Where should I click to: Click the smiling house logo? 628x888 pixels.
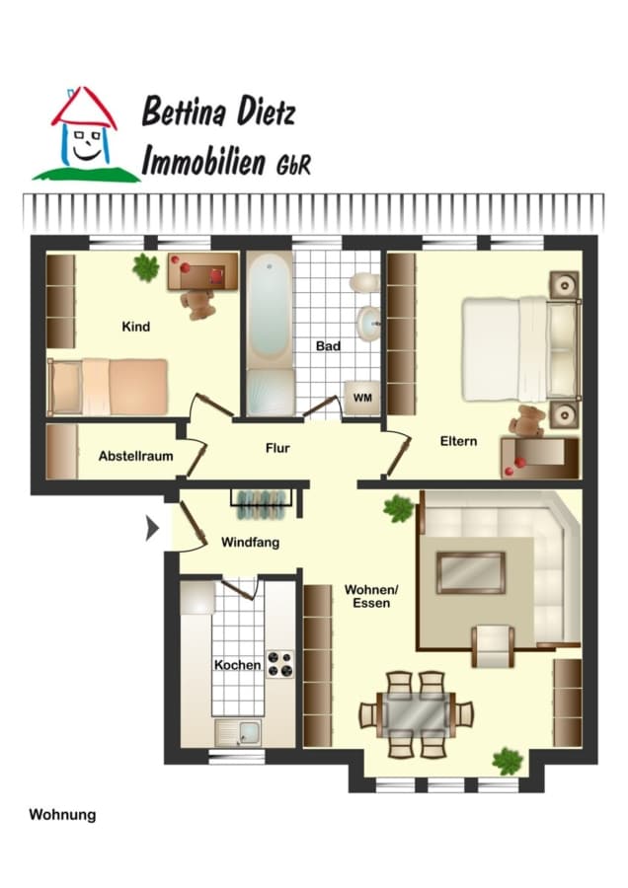85,135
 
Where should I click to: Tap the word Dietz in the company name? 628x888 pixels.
266,111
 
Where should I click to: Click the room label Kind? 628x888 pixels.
136,327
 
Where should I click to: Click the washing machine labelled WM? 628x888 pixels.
362,398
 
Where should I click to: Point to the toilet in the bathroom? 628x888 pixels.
365,282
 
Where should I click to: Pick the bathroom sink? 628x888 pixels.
368,324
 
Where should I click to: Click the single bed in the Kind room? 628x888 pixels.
108,387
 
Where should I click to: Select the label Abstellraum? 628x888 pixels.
136,456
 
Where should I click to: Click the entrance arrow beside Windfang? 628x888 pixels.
152,529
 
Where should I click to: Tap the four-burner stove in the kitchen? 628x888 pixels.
280,664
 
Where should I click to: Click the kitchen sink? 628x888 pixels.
238,733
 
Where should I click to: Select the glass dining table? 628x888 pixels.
417,713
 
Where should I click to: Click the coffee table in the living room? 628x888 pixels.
470,573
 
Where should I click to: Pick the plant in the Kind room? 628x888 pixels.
146,267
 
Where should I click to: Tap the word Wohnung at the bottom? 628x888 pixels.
62,815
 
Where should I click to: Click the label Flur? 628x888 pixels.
277,449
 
